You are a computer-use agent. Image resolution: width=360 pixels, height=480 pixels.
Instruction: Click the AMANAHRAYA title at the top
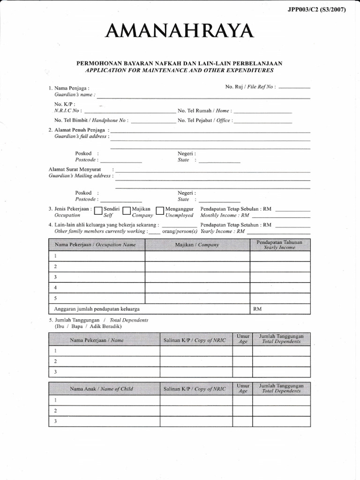pyautogui.click(x=180, y=32)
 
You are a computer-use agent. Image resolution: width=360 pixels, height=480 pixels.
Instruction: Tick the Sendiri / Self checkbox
pyautogui.click(x=98, y=211)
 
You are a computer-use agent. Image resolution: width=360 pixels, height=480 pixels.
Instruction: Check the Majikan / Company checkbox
pyautogui.click(x=126, y=211)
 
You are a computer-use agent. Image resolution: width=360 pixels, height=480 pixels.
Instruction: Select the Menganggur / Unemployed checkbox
pyautogui.click(x=160, y=211)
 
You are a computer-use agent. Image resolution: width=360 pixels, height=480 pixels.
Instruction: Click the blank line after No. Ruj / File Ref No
pyautogui.click(x=294, y=87)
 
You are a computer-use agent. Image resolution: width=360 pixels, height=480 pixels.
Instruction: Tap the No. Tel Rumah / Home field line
pyautogui.click(x=262, y=112)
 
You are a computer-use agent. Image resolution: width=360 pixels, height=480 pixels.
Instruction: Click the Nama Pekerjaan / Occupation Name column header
pyautogui.click(x=96, y=245)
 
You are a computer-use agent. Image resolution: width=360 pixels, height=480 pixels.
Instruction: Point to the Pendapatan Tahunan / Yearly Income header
pyautogui.click(x=279, y=245)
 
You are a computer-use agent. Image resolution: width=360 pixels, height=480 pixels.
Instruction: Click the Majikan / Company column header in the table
pyautogui.click(x=197, y=245)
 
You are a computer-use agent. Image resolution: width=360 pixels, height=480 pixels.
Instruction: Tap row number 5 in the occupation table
pyautogui.click(x=55, y=298)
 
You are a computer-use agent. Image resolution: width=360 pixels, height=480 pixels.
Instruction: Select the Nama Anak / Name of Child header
pyautogui.click(x=101, y=389)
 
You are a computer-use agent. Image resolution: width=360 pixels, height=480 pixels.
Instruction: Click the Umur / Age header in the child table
pyautogui.click(x=243, y=389)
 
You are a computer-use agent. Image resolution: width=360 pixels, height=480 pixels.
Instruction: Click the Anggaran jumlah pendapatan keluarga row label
pyautogui.click(x=94, y=309)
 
